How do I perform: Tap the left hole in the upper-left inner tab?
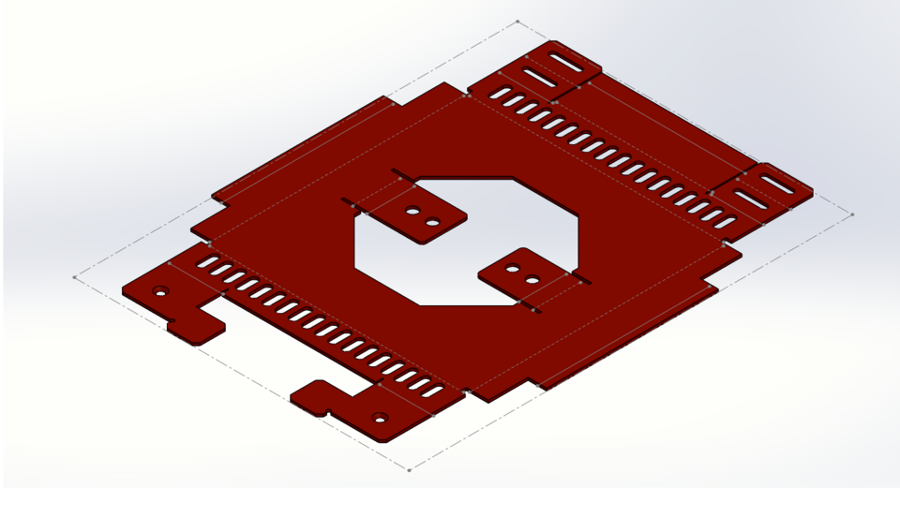tap(412, 212)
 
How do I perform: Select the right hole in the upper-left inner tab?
tap(432, 223)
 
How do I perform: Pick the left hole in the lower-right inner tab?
tap(512, 269)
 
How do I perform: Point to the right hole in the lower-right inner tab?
tap(532, 280)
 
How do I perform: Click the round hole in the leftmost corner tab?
tap(160, 292)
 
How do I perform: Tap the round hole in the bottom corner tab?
tap(379, 418)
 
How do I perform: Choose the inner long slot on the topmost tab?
tap(539, 79)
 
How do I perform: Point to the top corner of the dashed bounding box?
tap(517, 21)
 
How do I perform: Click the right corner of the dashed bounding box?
tap(852, 214)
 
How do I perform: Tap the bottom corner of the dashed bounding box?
tap(409, 469)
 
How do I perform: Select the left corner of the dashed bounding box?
tap(75, 277)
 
